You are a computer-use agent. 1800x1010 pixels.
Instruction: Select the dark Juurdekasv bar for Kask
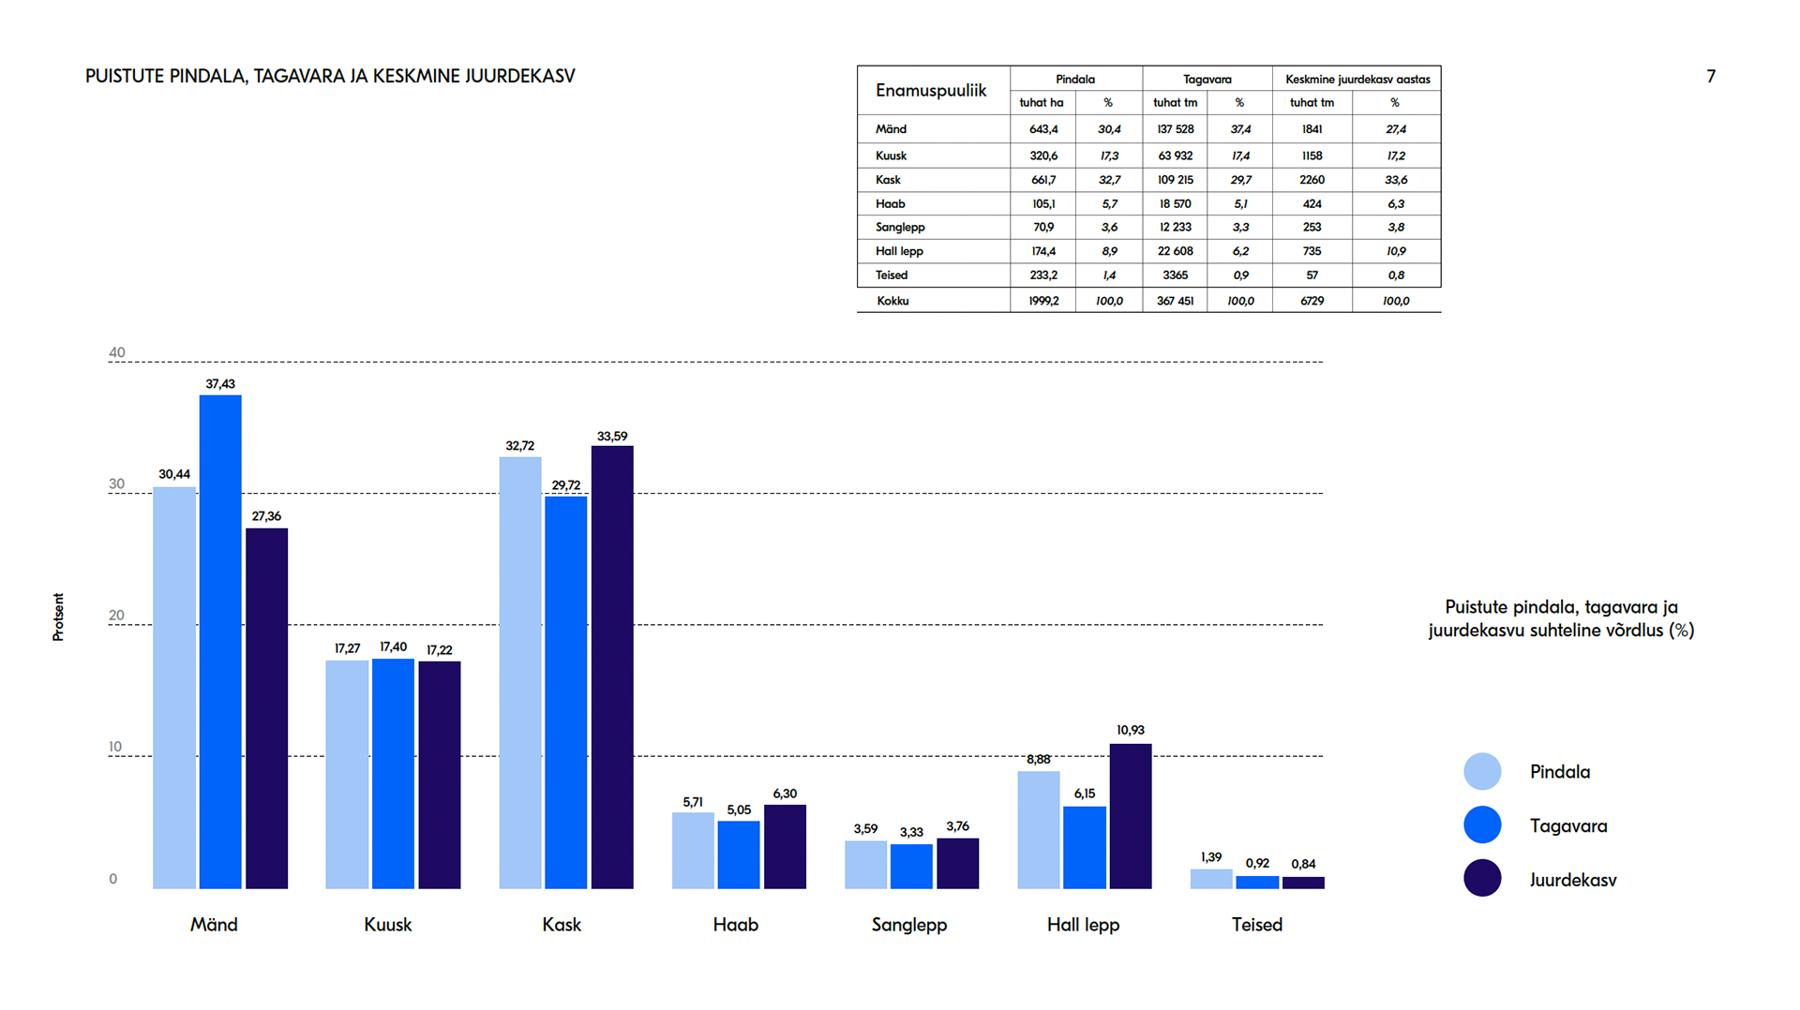click(x=612, y=666)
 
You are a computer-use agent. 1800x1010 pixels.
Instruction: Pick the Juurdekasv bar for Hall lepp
click(x=1131, y=815)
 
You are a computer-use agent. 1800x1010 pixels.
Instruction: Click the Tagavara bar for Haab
click(x=739, y=854)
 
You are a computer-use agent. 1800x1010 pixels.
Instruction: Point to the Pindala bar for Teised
click(x=1211, y=879)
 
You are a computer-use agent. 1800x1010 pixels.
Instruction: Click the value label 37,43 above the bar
click(x=220, y=384)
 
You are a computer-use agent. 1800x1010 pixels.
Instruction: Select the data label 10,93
click(x=1131, y=730)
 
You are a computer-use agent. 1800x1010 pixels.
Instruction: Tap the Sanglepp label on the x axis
click(x=909, y=925)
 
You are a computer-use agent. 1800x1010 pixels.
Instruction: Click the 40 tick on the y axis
click(x=117, y=353)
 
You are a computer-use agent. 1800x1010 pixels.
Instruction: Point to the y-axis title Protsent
click(x=58, y=616)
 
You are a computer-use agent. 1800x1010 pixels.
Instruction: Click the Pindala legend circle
click(x=1482, y=771)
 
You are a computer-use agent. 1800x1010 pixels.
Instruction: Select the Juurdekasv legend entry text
click(x=1573, y=880)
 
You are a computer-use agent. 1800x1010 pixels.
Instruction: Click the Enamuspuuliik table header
click(x=931, y=91)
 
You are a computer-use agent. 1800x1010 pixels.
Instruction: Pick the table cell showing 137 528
click(x=1176, y=129)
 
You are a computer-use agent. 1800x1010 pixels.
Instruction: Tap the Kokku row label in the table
click(x=892, y=301)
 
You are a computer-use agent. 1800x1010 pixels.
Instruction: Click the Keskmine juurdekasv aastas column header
click(x=1357, y=80)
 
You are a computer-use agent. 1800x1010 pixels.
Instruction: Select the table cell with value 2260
click(x=1312, y=180)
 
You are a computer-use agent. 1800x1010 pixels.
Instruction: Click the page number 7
click(x=1711, y=77)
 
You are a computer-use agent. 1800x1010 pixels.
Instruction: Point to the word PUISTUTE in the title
click(x=125, y=76)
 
